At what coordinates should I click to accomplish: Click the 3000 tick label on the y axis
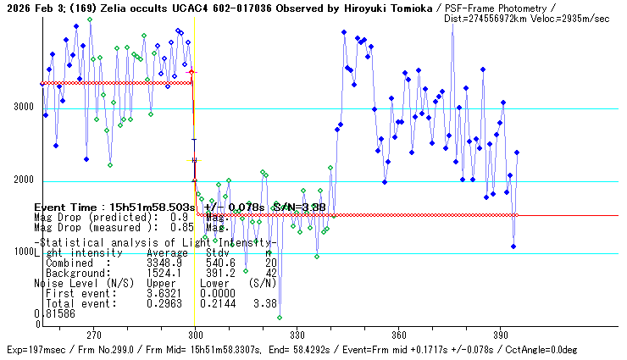click(23, 107)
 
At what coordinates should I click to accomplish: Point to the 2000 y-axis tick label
click(23, 180)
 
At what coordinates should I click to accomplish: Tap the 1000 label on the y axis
click(23, 252)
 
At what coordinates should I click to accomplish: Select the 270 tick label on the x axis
click(94, 335)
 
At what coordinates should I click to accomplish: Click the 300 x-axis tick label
click(196, 335)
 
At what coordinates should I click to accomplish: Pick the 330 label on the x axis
click(297, 335)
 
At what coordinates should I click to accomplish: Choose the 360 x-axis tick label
click(399, 335)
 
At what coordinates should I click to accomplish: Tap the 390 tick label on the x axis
click(500, 335)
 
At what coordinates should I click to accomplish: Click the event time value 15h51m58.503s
click(149, 208)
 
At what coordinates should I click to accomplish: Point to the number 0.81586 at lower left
click(54, 313)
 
